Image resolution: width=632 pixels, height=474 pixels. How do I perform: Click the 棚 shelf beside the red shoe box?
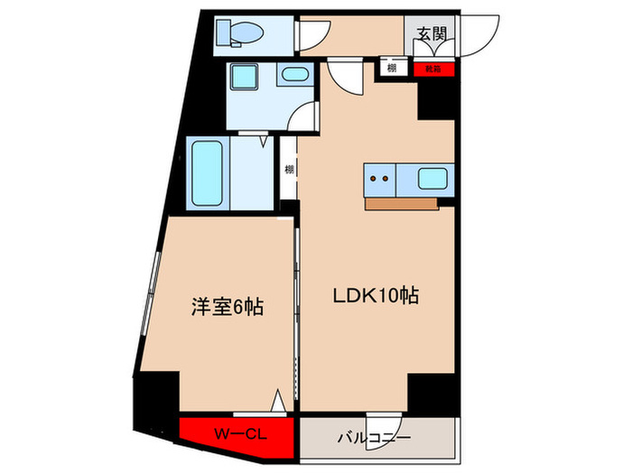(x=391, y=68)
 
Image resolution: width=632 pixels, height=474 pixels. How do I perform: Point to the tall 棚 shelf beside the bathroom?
(x=289, y=169)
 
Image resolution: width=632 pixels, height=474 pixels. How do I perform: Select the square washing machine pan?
(x=242, y=77)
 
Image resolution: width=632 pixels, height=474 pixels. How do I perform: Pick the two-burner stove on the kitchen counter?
(x=378, y=178)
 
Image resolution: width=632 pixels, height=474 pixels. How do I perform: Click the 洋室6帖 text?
(x=226, y=308)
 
